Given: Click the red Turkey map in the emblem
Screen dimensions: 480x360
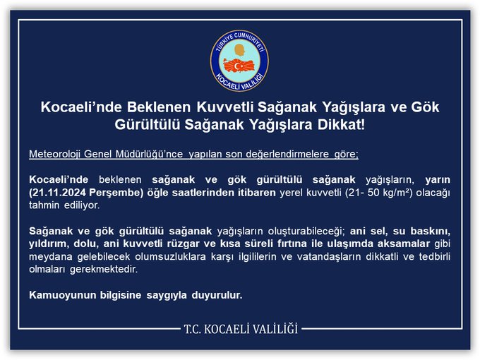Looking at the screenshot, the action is click(x=239, y=66).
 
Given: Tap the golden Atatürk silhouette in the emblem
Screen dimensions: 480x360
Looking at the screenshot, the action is click(x=239, y=50).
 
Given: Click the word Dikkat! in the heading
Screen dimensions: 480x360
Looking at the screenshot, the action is click(x=342, y=125).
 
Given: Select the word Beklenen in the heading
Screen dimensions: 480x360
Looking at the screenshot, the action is click(x=159, y=107).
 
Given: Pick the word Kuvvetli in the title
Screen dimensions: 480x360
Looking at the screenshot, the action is click(x=224, y=107).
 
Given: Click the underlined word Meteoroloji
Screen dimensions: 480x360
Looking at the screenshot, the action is click(x=55, y=154).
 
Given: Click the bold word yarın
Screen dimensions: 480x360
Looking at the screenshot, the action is click(x=438, y=180).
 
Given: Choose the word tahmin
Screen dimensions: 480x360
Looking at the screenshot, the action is click(x=44, y=205).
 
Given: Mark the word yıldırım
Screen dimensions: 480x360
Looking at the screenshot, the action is click(x=49, y=244).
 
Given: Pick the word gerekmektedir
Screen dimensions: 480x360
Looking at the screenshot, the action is click(x=104, y=270).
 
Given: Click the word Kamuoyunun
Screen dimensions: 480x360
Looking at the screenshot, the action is click(x=62, y=295).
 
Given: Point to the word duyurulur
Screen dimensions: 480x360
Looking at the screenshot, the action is click(x=217, y=295).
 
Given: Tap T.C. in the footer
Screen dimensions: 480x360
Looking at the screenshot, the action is click(x=192, y=329).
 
